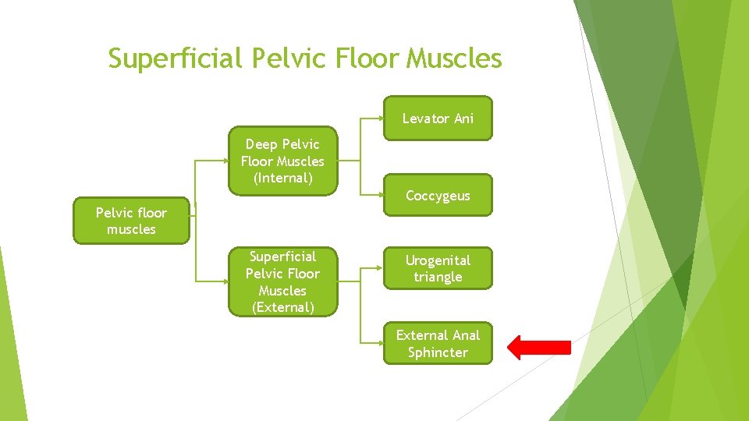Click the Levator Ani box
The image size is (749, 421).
coord(438,119)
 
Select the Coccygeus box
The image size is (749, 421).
coord(438,196)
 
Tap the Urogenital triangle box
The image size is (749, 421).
coord(438,269)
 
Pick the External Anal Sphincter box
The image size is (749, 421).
coord(438,344)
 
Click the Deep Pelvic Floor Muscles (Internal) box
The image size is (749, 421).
coord(282,161)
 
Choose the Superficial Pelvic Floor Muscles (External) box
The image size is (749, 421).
coord(282,281)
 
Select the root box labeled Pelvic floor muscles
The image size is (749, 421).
coord(131,221)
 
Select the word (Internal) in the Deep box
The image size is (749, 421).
coord(282,179)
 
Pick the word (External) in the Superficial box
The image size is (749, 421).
coord(282,307)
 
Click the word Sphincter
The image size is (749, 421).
coord(438,352)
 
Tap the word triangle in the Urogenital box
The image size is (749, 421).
coord(438,278)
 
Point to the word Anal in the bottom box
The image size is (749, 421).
coord(465,335)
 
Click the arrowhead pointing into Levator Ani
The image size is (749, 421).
coord(380,119)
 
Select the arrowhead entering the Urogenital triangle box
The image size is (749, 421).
coord(380,267)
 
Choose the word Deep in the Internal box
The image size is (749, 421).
coord(261,144)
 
